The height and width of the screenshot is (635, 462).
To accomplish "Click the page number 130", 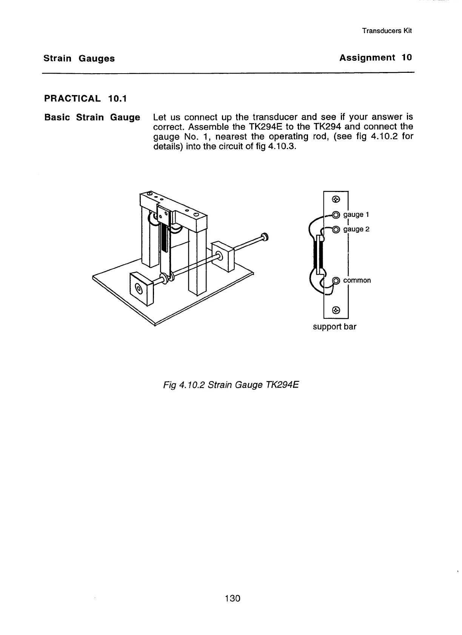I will [x=232, y=598].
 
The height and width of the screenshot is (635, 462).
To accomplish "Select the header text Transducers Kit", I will [x=387, y=31].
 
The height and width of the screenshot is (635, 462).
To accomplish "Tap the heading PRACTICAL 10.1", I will [x=85, y=99].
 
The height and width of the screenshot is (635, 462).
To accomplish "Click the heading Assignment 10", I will [x=375, y=58].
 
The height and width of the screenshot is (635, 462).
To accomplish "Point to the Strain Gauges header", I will [x=79, y=58].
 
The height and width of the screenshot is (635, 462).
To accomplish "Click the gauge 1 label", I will [x=356, y=215].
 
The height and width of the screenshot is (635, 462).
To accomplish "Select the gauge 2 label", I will [x=356, y=229].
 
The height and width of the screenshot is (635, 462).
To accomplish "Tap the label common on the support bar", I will [x=357, y=280].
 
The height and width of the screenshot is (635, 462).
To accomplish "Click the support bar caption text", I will [x=334, y=327].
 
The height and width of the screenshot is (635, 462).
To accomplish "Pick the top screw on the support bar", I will [x=336, y=199].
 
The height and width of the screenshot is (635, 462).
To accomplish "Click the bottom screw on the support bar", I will [x=336, y=310].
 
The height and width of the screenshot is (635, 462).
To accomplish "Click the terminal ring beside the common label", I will [x=336, y=280].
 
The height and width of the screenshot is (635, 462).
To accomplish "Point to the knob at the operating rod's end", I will [x=264, y=237].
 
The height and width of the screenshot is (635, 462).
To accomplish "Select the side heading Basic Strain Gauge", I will [x=92, y=117].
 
